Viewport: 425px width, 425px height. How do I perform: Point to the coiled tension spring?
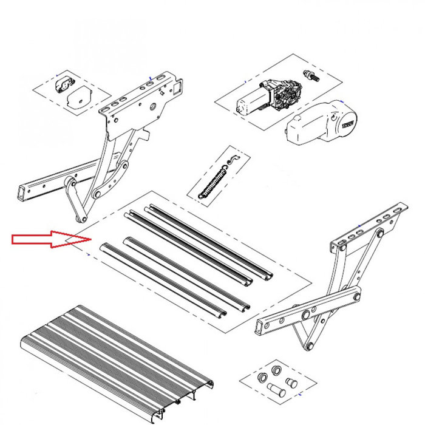[x=213, y=182]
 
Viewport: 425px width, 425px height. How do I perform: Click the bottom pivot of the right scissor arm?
[x=311, y=345]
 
